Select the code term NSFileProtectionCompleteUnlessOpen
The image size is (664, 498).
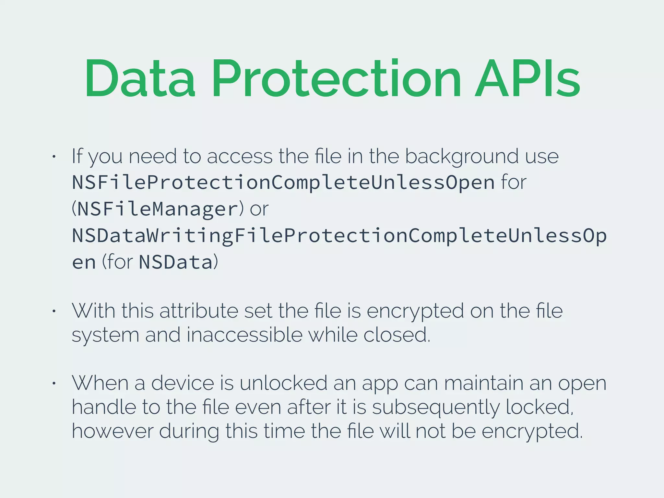(x=283, y=183)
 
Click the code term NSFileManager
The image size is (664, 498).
(x=158, y=209)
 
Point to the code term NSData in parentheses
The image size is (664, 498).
(x=175, y=262)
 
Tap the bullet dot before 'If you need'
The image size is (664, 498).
(x=54, y=157)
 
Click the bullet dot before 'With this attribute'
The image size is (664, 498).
(x=54, y=312)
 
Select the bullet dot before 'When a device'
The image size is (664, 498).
(x=54, y=384)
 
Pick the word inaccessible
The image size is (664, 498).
(x=244, y=335)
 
